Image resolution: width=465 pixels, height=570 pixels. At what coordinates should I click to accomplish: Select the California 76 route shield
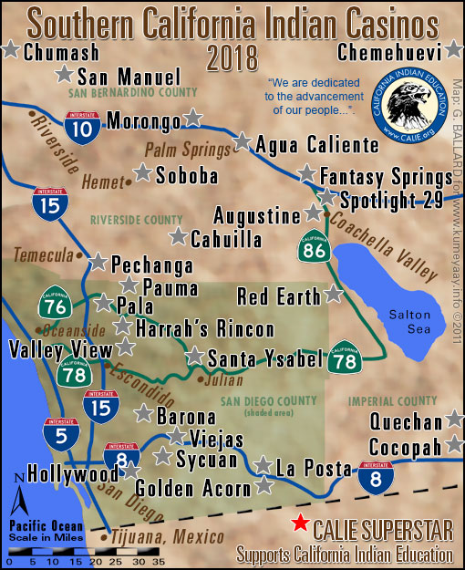click(52, 307)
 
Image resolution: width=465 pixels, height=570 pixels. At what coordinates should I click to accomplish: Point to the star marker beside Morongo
click(192, 119)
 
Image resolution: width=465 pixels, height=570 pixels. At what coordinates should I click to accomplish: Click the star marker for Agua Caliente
click(242, 141)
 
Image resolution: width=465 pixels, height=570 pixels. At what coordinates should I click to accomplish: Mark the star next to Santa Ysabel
click(194, 357)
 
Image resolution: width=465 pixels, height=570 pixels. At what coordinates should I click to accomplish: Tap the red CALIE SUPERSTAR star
click(298, 523)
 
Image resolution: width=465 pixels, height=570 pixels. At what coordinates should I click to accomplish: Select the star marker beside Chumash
click(10, 50)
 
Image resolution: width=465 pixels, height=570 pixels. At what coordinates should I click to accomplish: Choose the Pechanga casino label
click(151, 265)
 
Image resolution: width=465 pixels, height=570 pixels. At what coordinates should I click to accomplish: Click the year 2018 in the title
click(232, 59)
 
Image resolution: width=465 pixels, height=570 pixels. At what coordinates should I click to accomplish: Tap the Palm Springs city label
click(187, 149)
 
